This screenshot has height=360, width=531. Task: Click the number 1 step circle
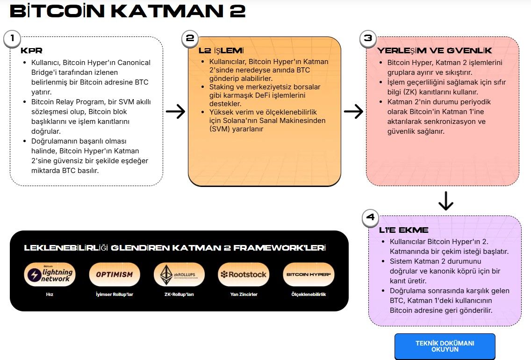pos(12,38)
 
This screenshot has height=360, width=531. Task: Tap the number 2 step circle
pos(190,38)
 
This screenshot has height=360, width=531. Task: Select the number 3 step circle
pos(368,38)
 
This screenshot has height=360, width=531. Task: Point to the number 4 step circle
pos(371,217)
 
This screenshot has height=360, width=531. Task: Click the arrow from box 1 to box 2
pos(175,111)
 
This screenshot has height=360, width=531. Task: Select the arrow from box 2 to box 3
pos(353,111)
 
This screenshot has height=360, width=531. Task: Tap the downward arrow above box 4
pos(445,201)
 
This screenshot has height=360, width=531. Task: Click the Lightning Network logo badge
pos(50,274)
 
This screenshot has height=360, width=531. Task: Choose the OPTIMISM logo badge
pos(115,274)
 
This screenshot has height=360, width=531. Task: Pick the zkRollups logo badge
pos(179,274)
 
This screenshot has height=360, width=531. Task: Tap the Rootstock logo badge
pos(244,274)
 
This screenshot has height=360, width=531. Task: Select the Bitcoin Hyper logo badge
pos(309,274)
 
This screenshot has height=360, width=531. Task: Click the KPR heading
pos(31,51)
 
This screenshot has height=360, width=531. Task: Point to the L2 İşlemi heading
pos(221,51)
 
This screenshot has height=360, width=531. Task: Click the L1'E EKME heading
pos(404,230)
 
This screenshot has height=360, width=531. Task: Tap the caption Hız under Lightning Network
pos(50,294)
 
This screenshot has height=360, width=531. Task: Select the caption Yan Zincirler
pos(244,294)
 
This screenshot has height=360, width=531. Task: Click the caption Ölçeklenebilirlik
pos(309,294)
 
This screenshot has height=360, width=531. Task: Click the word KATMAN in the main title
pos(167,11)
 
